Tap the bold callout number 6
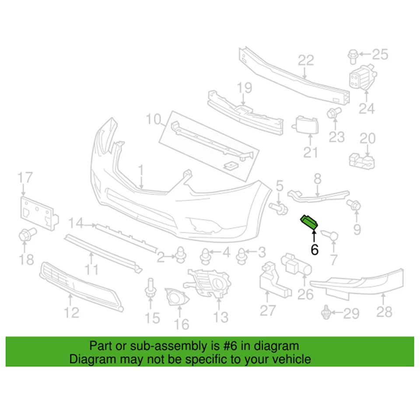tap(315, 249)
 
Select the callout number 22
tap(306, 60)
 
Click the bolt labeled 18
tap(25, 235)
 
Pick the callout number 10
tap(154, 118)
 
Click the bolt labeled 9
tap(353, 205)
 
